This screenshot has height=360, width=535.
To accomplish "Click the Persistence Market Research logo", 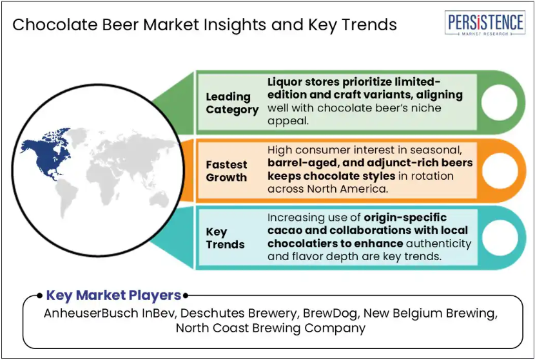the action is (485, 23).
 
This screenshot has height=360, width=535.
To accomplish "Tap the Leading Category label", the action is (232, 103).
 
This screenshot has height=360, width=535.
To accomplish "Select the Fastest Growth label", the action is (226, 171).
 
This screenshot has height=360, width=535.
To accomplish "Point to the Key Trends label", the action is (225, 238).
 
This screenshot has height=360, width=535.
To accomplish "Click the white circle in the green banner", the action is (499, 102).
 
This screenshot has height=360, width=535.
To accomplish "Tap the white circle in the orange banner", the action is (500, 171).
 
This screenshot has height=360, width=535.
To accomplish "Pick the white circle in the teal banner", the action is (500, 238).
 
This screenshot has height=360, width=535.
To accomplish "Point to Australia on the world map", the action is (159, 199).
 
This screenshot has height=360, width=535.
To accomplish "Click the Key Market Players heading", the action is (113, 295).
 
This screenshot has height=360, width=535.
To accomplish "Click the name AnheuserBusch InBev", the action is (109, 313).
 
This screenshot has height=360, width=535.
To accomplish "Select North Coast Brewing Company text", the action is (271, 328).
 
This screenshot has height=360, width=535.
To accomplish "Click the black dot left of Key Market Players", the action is (39, 296).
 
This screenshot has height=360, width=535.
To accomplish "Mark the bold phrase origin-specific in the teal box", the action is (405, 217).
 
